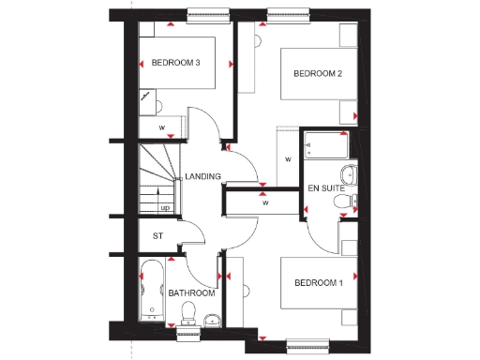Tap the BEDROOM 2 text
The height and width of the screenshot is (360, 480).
(x=318, y=73)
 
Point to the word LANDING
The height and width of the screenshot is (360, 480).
(x=202, y=176)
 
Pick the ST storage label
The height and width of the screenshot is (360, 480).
(x=157, y=235)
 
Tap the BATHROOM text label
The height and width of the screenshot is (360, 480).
(x=191, y=293)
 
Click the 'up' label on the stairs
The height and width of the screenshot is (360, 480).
(x=165, y=207)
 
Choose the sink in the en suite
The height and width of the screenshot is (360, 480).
(x=348, y=173)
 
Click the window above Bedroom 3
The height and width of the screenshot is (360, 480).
(x=209, y=13)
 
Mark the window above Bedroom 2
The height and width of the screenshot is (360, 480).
(x=287, y=13)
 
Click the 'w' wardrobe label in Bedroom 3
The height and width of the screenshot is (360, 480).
(x=162, y=126)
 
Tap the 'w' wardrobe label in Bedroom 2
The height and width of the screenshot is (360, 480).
(x=288, y=159)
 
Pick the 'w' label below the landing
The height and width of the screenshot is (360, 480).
(x=265, y=202)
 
